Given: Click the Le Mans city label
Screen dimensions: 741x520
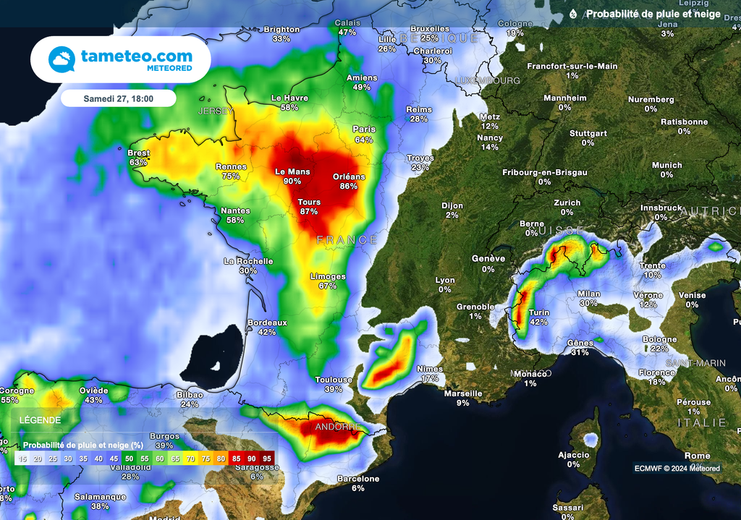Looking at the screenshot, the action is click(x=292, y=171).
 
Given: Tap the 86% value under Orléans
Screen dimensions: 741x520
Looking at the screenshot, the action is click(x=349, y=186).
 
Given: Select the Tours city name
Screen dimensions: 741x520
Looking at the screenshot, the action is click(x=309, y=203).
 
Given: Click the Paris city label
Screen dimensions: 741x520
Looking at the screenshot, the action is click(x=363, y=129).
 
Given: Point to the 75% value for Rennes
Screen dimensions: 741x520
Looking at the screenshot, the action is click(x=231, y=176).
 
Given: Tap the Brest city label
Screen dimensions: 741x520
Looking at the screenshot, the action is click(x=138, y=153).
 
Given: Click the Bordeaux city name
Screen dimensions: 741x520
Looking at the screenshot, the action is click(x=267, y=323).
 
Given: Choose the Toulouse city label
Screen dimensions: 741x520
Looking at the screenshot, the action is click(x=334, y=380).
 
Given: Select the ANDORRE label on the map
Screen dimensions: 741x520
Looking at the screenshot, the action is click(x=337, y=427).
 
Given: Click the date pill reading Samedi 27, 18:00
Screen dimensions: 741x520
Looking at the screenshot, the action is click(x=119, y=98).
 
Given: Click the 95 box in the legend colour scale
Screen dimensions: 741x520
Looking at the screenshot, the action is click(x=267, y=459).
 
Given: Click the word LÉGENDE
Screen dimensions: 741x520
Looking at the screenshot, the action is click(x=41, y=419).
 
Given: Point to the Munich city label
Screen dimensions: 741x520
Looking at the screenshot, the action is click(x=666, y=166).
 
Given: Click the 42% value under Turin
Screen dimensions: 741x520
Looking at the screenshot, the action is click(x=538, y=322).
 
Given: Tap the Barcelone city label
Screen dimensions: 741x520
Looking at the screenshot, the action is click(x=358, y=479).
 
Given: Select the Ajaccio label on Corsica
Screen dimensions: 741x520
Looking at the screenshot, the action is click(x=573, y=455).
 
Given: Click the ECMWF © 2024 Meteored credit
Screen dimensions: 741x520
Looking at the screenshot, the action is click(x=677, y=468).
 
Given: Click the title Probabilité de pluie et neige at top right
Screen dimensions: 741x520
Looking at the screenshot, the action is click(x=653, y=14).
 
